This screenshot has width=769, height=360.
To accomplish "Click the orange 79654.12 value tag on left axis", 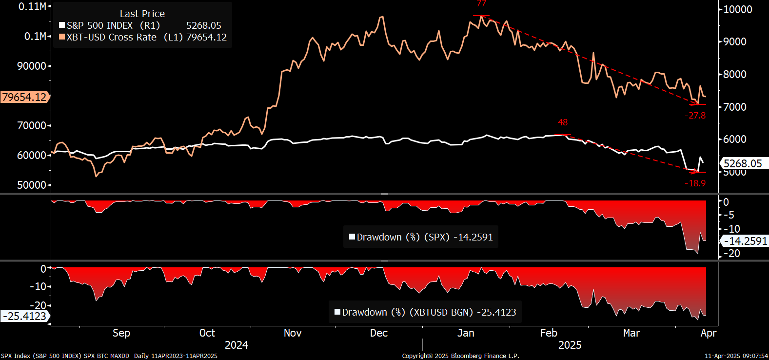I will [24, 97].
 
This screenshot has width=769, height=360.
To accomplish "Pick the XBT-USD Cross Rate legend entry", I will [112, 37].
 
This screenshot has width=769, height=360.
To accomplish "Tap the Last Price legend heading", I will [142, 14].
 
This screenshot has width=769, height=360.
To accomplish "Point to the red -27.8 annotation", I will [695, 116].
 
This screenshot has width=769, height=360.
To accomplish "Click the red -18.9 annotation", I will [695, 183].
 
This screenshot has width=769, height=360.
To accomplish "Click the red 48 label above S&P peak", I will [563, 122].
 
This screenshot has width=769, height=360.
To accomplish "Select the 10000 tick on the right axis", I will [737, 9].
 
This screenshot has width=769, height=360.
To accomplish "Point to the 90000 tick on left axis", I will [32, 66].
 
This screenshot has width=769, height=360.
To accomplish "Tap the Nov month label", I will [293, 333].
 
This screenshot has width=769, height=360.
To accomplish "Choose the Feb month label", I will [549, 333].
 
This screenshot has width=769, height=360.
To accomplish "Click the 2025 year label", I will [570, 345].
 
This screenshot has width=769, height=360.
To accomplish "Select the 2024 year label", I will [237, 345].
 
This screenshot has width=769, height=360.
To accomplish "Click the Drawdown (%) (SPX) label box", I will [421, 237].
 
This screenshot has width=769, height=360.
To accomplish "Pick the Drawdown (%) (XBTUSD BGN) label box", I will [425, 312].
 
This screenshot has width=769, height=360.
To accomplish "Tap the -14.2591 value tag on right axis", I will [745, 241].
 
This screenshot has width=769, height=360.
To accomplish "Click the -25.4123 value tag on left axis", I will [24, 316].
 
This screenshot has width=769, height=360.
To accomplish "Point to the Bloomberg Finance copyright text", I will [460, 356].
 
